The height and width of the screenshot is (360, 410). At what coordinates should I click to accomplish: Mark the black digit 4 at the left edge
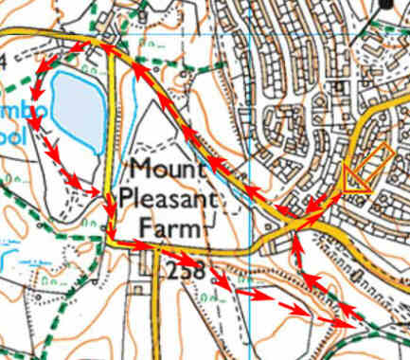4,61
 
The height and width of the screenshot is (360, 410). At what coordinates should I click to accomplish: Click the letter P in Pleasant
135,201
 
